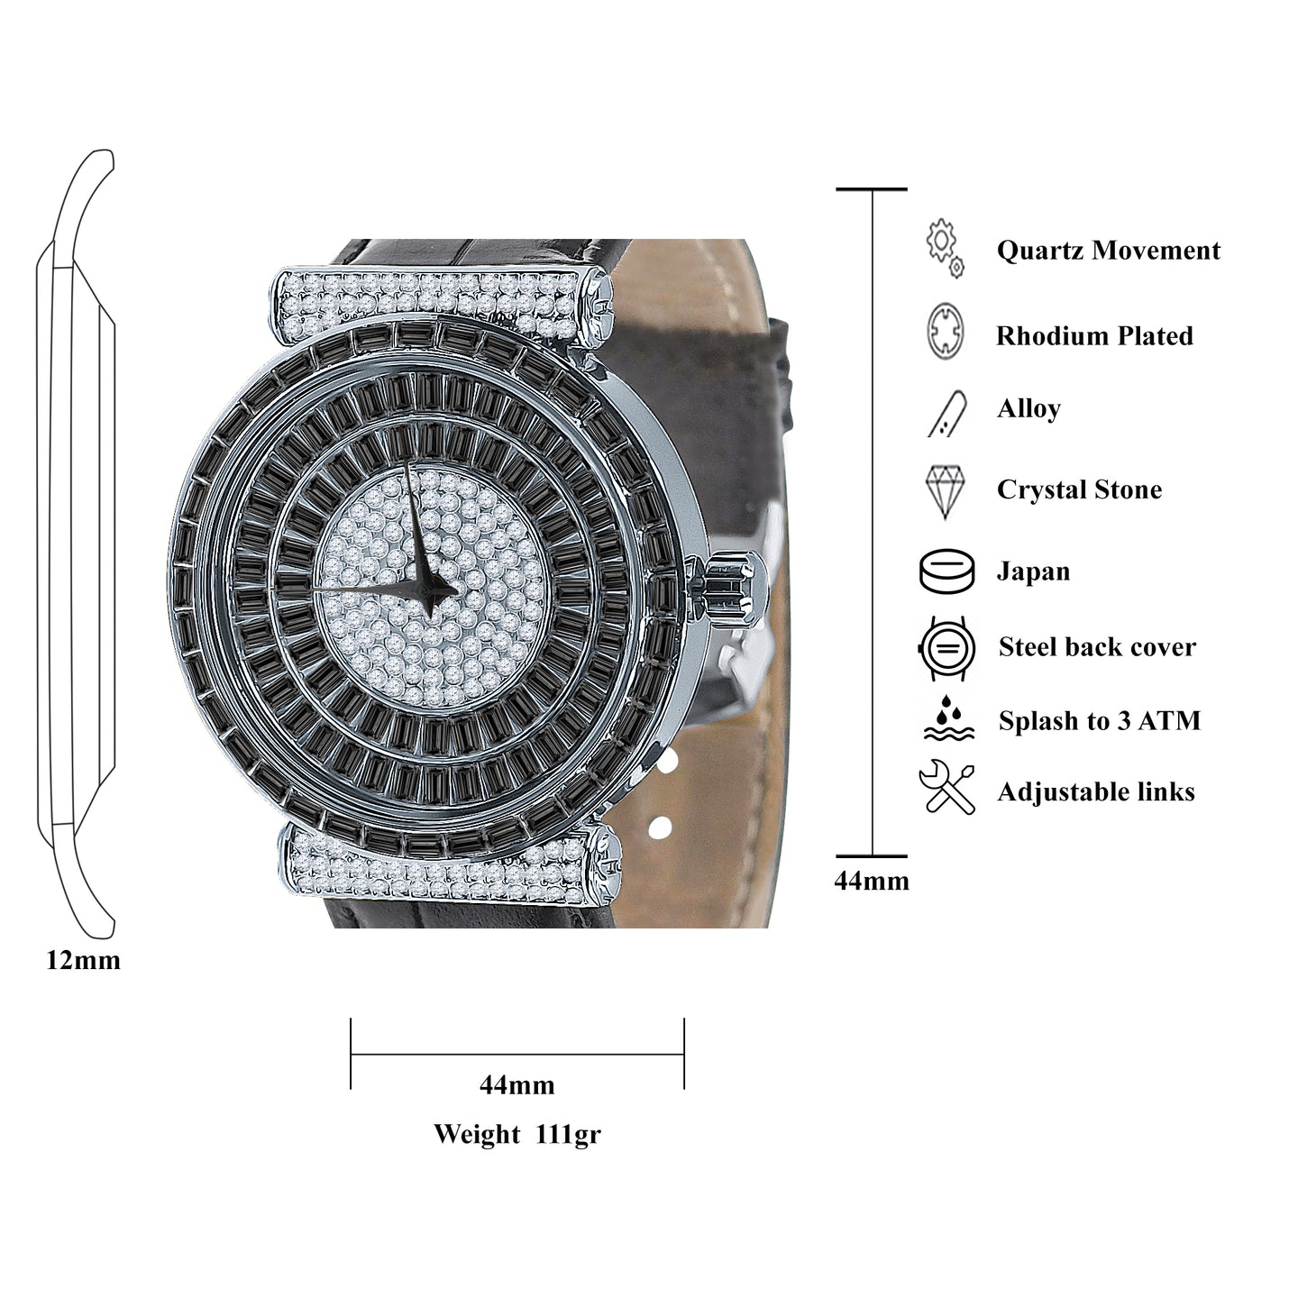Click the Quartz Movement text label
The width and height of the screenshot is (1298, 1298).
(x=1108, y=251)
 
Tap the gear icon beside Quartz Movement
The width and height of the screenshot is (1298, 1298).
(x=944, y=247)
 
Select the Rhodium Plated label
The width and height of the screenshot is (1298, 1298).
(x=1094, y=336)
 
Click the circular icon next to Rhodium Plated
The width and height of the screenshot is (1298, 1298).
(x=945, y=332)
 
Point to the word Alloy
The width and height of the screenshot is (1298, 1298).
(x=1028, y=409)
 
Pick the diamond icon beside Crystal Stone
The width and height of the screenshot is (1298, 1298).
(x=945, y=491)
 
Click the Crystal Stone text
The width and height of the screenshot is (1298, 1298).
(x=1079, y=489)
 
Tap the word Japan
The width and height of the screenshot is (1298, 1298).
(x=1033, y=571)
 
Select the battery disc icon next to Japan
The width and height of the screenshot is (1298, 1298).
(x=946, y=571)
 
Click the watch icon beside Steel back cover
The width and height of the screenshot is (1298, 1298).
(x=946, y=648)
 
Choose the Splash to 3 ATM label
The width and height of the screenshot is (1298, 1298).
(x=1099, y=721)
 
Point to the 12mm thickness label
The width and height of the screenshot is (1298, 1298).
(x=83, y=961)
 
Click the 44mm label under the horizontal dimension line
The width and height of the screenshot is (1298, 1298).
(x=516, y=1085)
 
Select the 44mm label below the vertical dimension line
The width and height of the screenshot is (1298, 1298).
(x=872, y=882)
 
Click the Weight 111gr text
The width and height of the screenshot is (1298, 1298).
(x=516, y=1134)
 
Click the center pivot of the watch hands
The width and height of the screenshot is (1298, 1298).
(x=431, y=589)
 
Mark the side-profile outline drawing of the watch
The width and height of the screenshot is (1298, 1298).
(x=77, y=541)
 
